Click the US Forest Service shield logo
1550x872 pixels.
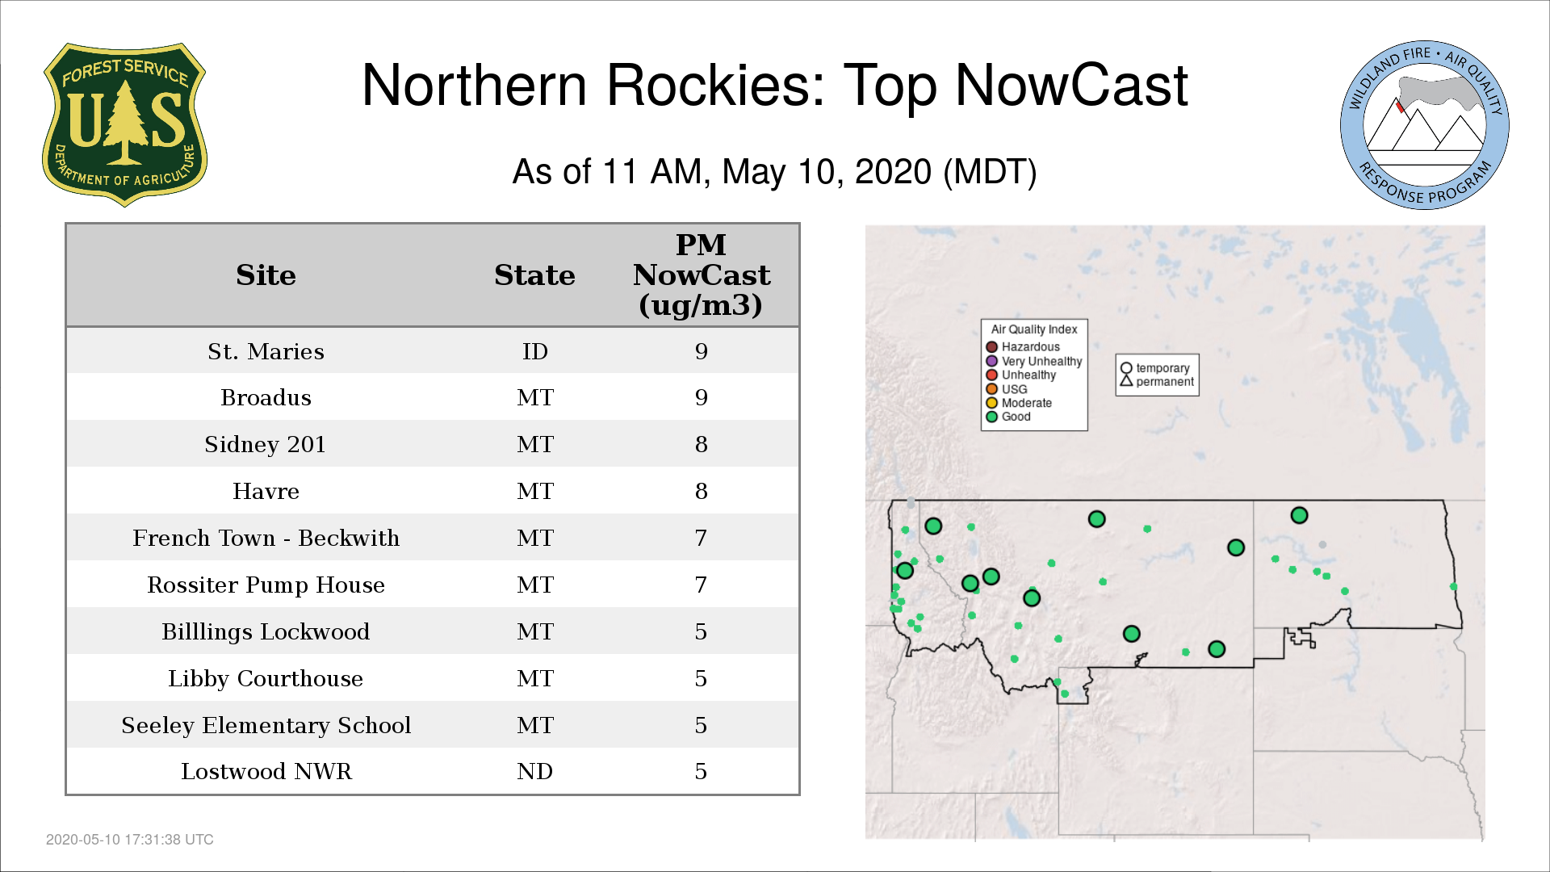click(x=124, y=125)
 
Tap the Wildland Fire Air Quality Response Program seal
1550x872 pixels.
click(x=1425, y=125)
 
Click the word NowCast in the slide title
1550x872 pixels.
click(x=1071, y=85)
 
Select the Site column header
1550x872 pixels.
click(x=266, y=275)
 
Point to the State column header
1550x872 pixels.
click(x=534, y=275)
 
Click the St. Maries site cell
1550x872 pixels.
click(x=266, y=351)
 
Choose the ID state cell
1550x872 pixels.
click(x=534, y=351)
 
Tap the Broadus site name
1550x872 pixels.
click(x=266, y=397)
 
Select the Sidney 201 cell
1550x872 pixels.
click(x=266, y=444)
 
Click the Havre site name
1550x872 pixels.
click(x=266, y=491)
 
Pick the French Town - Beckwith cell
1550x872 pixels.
click(x=266, y=538)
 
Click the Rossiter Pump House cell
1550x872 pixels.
click(x=266, y=585)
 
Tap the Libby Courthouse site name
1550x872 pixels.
click(x=266, y=678)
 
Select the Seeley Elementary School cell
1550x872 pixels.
click(x=266, y=725)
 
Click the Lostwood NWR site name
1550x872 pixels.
click(x=266, y=771)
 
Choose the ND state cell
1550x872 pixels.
click(x=534, y=771)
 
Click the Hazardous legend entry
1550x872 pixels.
click(x=1023, y=347)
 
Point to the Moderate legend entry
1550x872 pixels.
click(x=1019, y=403)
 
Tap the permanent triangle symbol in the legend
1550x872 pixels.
click(x=1126, y=380)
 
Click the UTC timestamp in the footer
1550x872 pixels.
click(x=130, y=840)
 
